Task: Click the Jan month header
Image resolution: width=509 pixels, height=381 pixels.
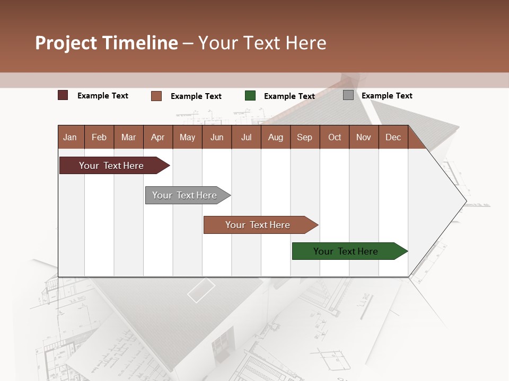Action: coord(70,137)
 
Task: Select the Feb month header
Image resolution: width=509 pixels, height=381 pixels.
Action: coord(99,137)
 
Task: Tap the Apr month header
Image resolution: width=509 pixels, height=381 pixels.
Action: coord(157,137)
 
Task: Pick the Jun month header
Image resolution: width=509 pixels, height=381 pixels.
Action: coord(217,137)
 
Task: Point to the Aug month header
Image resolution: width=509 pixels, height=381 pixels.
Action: coord(275,137)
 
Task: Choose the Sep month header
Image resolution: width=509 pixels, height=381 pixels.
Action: coord(304,137)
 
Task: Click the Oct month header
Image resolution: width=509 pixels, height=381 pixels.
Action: coord(335,137)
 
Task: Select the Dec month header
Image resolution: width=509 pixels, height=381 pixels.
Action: coord(393,137)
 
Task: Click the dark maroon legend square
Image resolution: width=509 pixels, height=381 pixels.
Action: coord(63,95)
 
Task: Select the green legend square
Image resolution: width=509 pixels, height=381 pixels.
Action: coord(250,96)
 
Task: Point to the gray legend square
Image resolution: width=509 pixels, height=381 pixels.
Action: coord(348,95)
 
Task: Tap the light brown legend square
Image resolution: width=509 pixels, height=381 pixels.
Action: coord(156,96)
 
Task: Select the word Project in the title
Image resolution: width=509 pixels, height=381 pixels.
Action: coord(66,43)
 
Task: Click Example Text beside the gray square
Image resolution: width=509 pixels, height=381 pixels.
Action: coord(387,96)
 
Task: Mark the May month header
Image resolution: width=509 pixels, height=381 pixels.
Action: coord(187,137)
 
